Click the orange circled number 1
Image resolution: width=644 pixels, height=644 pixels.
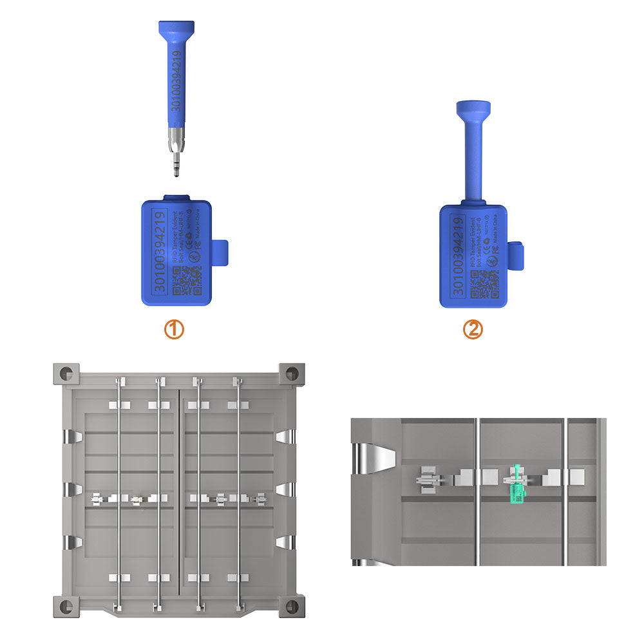pyautogui.click(x=174, y=330)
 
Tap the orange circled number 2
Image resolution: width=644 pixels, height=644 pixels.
pyautogui.click(x=473, y=330)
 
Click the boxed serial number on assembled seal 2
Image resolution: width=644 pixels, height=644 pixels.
pyautogui.click(x=458, y=256)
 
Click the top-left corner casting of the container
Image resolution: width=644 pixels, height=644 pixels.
pyautogui.click(x=66, y=373)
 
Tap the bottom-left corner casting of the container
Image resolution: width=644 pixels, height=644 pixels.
pyautogui.click(x=66, y=605)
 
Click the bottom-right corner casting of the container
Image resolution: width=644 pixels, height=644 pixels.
pyautogui.click(x=292, y=605)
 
